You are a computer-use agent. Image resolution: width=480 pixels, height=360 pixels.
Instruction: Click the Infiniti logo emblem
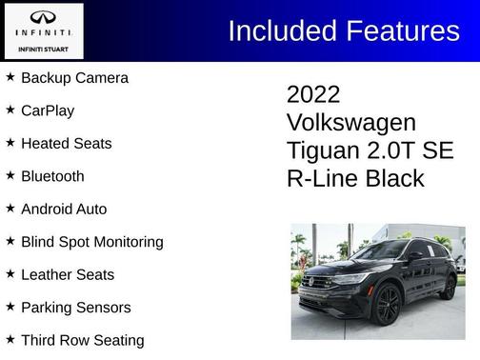[x=43, y=18]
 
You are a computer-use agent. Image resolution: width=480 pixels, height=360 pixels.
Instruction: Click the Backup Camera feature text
[x=74, y=77]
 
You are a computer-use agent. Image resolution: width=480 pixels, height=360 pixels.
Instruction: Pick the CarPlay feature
[x=48, y=110]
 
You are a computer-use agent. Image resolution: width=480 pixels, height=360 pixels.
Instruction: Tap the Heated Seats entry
[x=66, y=143]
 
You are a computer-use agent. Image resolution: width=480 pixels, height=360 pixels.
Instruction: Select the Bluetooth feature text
[x=52, y=176]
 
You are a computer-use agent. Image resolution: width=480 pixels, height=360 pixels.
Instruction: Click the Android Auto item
[x=64, y=209]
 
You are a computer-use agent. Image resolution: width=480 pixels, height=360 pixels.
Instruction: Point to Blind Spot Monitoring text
[x=91, y=242]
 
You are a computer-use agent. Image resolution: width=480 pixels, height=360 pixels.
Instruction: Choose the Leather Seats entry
[x=68, y=274]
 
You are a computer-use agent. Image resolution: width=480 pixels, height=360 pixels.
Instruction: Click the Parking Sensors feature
[x=75, y=308]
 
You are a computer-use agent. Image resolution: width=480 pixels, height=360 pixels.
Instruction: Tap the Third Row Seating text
[x=82, y=340]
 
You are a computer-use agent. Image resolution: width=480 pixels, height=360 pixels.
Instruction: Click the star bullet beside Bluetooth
[x=10, y=175]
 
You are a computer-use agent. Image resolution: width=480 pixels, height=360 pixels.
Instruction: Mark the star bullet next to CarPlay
[x=10, y=110]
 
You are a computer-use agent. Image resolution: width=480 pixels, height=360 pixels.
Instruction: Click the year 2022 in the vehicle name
[x=313, y=94]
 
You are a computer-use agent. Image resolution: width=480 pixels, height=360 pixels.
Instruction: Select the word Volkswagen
[x=350, y=123]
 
